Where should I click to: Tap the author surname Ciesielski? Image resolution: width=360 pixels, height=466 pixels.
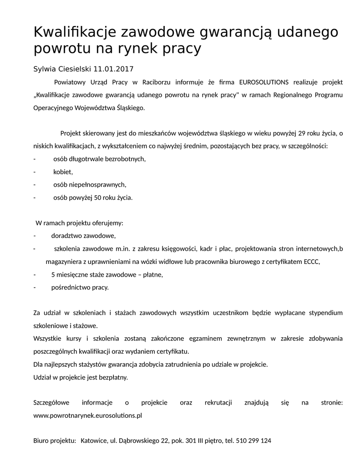pyautogui.click(x=75, y=69)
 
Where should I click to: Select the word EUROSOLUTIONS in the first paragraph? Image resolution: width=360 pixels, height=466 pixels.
pyautogui.click(x=264, y=82)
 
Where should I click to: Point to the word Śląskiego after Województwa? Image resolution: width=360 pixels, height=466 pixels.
pyautogui.click(x=130, y=109)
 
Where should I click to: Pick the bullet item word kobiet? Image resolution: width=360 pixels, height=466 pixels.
pyautogui.click(x=63, y=172)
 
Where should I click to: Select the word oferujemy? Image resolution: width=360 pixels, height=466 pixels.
pyautogui.click(x=107, y=223)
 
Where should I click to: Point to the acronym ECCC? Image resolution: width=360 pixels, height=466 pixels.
pyautogui.click(x=312, y=262)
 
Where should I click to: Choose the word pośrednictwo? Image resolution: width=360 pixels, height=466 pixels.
pyautogui.click(x=71, y=288)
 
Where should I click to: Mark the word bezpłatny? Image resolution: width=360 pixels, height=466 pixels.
pyautogui.click(x=113, y=377)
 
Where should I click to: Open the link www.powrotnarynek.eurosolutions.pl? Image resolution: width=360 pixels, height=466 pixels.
pyautogui.click(x=88, y=415)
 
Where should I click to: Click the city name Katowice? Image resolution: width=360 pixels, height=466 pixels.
pyautogui.click(x=94, y=441)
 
